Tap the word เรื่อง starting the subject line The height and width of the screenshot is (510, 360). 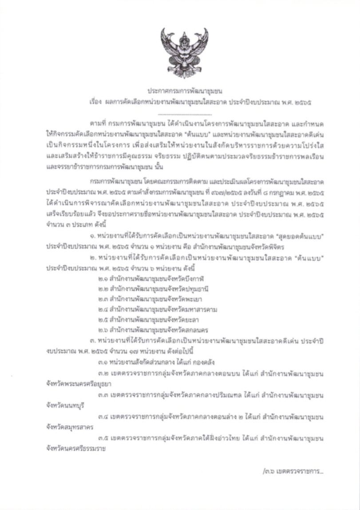[95, 102]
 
